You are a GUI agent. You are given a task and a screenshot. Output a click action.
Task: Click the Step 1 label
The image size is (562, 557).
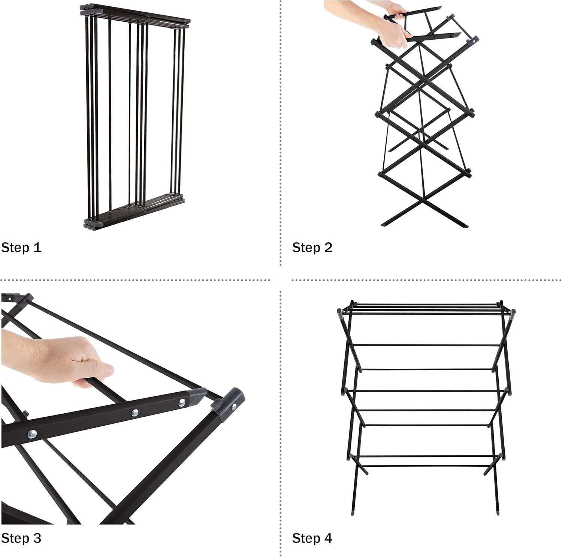(x=21, y=247)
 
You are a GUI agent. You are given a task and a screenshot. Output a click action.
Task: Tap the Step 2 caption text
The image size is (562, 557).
(x=312, y=247)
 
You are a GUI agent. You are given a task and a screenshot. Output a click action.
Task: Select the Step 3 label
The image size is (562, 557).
(x=21, y=538)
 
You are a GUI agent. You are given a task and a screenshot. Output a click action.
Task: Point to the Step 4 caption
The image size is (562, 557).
(x=312, y=538)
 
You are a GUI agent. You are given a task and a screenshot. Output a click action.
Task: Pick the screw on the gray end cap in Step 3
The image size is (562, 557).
(x=234, y=407)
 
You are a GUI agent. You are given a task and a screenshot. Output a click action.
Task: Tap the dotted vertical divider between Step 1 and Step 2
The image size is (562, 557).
(x=281, y=133)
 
